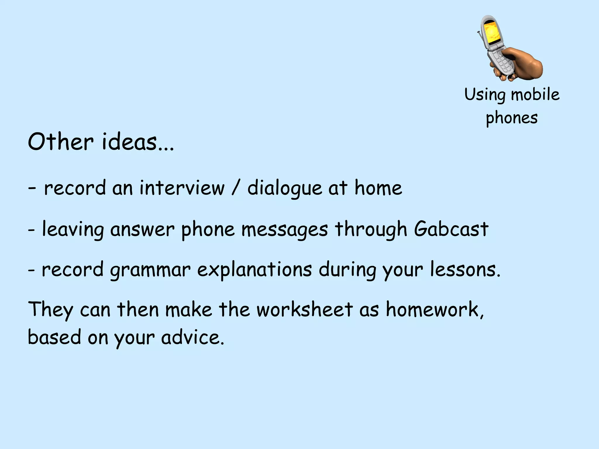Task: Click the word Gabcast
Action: coord(451,229)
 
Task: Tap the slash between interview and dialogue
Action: coord(236,188)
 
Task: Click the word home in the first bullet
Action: coord(378,188)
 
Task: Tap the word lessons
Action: coord(465,270)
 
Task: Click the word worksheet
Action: coord(304,309)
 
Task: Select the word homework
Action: coord(434,309)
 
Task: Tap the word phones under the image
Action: coord(512,118)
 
